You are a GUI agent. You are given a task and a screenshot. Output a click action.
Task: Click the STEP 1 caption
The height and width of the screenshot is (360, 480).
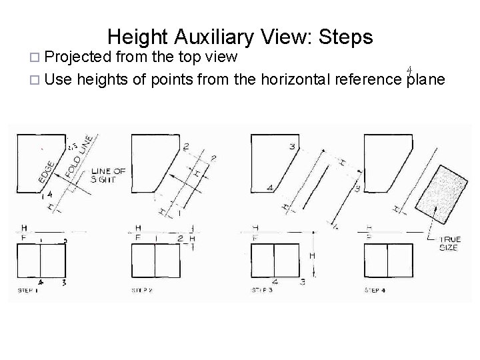pos(29,291)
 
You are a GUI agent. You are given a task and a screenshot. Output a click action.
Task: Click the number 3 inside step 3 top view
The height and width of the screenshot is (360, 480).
pos(291,146)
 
